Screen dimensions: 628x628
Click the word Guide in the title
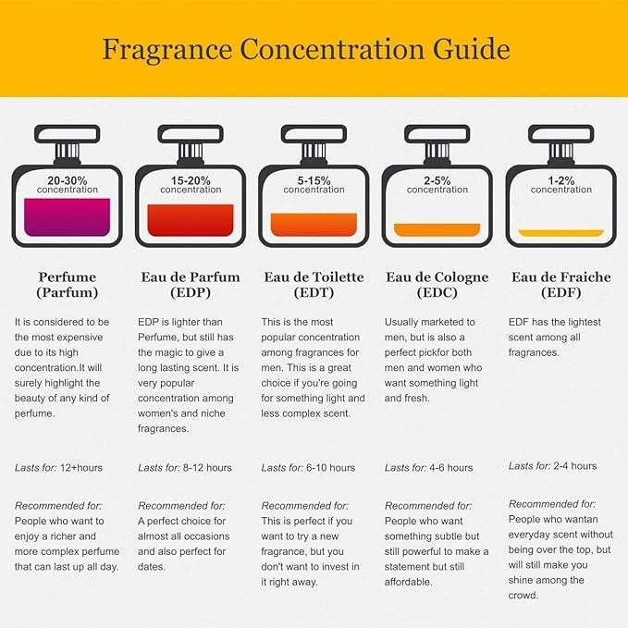(471, 49)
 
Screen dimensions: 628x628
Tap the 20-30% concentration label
(68, 180)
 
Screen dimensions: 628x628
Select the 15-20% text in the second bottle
(191, 180)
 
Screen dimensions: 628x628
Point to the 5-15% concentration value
(314, 180)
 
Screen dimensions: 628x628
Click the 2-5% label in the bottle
(437, 180)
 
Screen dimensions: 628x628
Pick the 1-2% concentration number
(561, 180)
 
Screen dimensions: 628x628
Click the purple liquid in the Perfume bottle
(68, 217)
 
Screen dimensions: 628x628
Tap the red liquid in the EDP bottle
(191, 220)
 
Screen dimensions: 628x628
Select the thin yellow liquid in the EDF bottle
(561, 233)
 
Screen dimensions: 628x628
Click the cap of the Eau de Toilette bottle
(314, 134)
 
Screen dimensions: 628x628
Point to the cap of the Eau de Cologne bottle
(437, 134)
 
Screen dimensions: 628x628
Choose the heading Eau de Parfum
(191, 277)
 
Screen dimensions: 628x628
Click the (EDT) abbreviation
(314, 293)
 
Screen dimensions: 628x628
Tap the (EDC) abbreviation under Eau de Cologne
(437, 293)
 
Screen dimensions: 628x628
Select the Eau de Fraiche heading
(561, 277)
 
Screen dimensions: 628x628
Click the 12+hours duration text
(81, 468)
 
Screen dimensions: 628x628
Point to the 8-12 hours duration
(207, 468)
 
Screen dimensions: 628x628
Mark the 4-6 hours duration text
(451, 468)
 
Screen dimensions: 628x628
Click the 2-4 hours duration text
(575, 466)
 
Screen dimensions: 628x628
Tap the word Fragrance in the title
(167, 50)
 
